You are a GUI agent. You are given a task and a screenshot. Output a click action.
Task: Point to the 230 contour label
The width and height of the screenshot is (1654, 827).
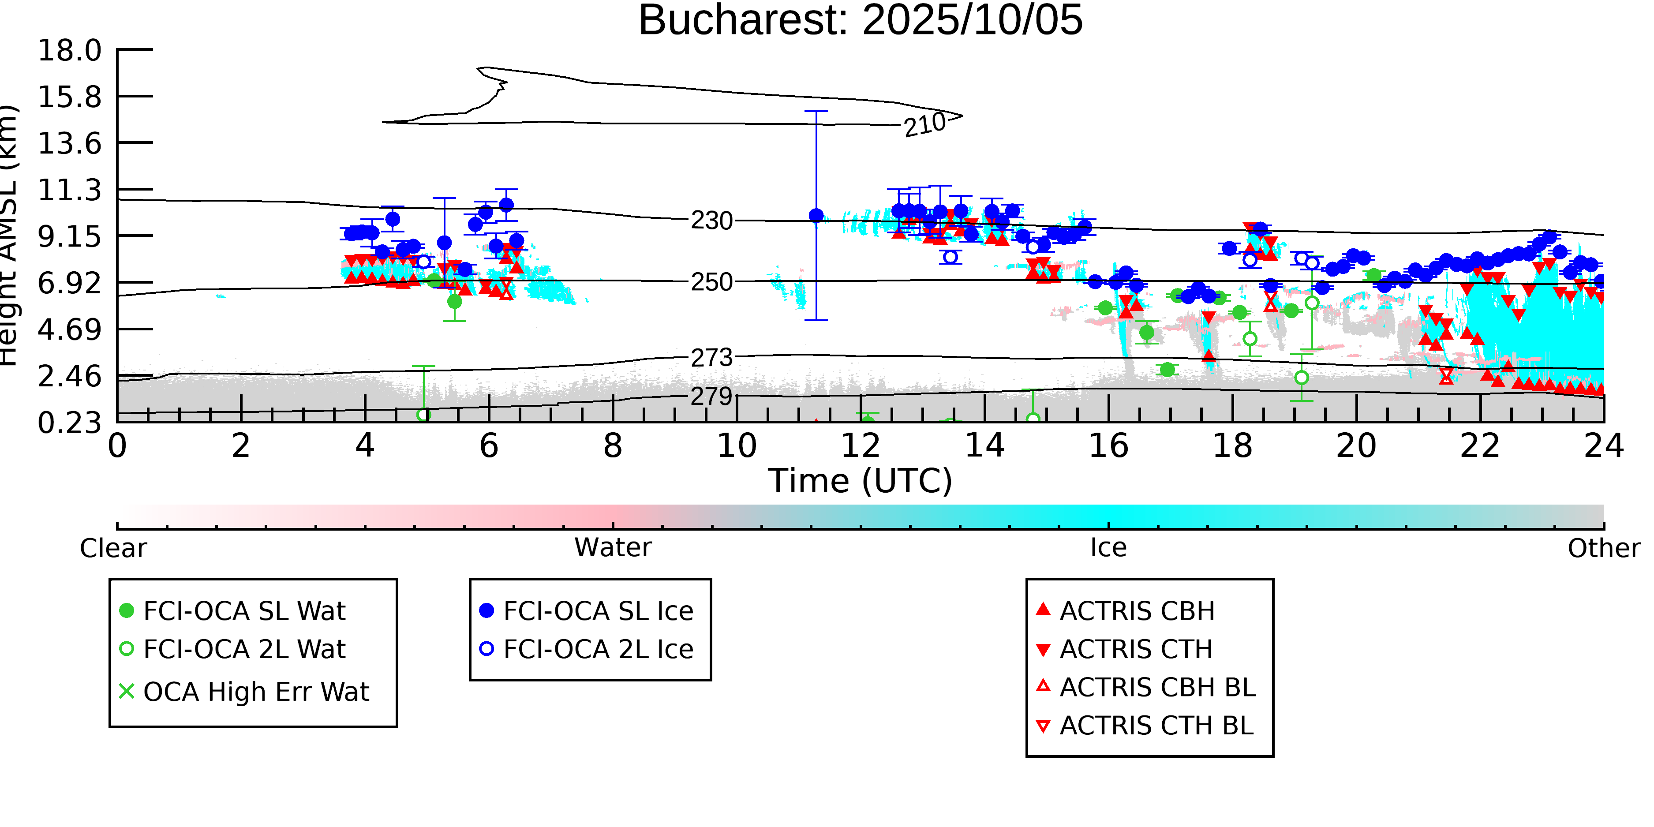pos(712,221)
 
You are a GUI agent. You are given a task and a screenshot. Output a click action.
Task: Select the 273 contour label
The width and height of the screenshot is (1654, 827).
pos(712,358)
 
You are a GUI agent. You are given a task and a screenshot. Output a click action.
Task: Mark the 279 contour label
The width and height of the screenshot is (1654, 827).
pos(712,396)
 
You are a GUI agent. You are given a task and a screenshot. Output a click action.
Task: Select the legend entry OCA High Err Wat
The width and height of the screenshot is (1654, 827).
pos(255,692)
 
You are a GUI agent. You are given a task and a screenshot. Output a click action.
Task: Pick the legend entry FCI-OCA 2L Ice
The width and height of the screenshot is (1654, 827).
pos(598,650)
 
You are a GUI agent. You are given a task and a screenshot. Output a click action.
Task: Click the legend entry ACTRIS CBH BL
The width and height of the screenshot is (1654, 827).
pos(1157,688)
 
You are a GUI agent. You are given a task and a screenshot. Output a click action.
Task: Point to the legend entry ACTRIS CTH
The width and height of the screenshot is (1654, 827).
pos(1136,650)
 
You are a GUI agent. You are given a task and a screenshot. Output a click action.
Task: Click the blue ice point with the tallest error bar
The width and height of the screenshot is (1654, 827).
pos(816,216)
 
